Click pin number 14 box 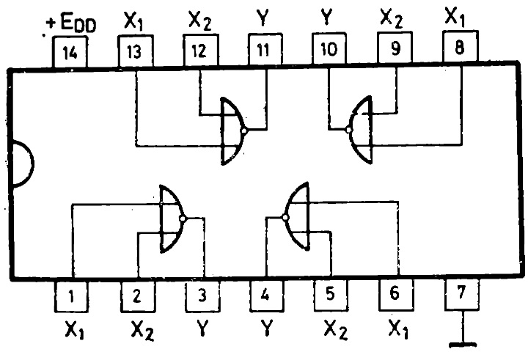(72, 52)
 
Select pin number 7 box (461, 295)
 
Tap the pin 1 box (72, 298)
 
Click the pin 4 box (266, 298)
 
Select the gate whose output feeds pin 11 (234, 131)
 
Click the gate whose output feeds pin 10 (360, 131)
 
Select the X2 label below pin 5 (334, 331)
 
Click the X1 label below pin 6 (397, 331)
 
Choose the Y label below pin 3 (201, 331)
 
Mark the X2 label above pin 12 (200, 21)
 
